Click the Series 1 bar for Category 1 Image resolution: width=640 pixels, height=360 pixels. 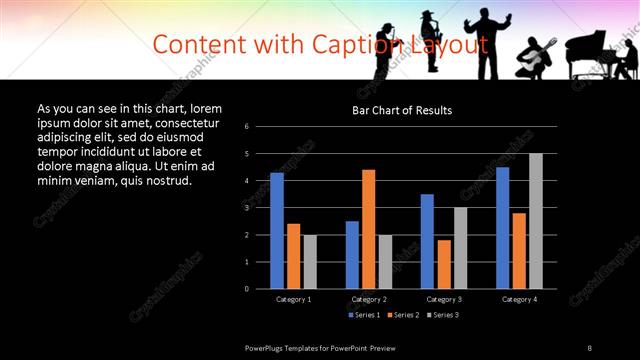tap(277, 230)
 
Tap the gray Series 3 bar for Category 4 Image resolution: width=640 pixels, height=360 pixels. tap(536, 221)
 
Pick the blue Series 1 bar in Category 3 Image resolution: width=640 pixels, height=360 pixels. tap(427, 241)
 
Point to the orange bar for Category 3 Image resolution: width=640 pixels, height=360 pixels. tap(444, 264)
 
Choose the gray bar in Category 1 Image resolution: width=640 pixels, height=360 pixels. tap(310, 261)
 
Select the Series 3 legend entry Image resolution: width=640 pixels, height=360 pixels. tap(445, 315)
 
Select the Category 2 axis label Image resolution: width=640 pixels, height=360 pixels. tap(369, 299)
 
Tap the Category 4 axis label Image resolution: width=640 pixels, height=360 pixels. tap(519, 299)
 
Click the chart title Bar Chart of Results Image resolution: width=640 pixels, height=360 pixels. tap(402, 110)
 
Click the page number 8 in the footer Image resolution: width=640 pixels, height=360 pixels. tap(590, 347)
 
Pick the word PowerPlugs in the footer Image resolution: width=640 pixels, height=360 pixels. tap(267, 347)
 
